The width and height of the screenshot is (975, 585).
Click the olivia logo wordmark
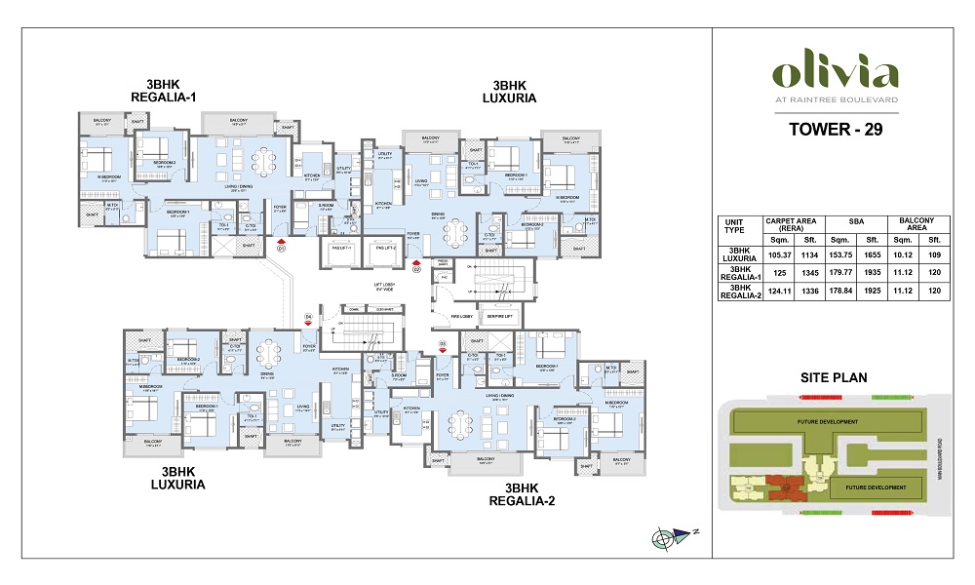(834, 74)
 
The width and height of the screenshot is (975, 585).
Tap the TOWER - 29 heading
(834, 130)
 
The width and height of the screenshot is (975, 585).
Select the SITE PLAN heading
(834, 377)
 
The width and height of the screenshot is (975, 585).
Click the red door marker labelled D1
(281, 245)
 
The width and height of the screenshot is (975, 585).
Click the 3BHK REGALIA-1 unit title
(163, 90)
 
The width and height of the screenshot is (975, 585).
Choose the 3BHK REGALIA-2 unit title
(527, 494)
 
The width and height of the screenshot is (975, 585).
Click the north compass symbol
(662, 537)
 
